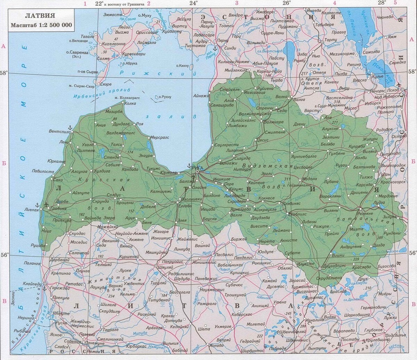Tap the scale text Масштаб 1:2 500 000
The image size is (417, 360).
(x=41, y=25)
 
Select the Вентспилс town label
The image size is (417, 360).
(x=59, y=132)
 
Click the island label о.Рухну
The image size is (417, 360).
(x=165, y=97)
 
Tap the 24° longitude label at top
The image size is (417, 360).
(x=194, y=3)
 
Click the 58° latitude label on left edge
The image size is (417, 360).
(x=4, y=73)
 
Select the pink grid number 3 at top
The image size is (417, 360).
(x=237, y=3)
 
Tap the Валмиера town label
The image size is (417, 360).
(x=274, y=122)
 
